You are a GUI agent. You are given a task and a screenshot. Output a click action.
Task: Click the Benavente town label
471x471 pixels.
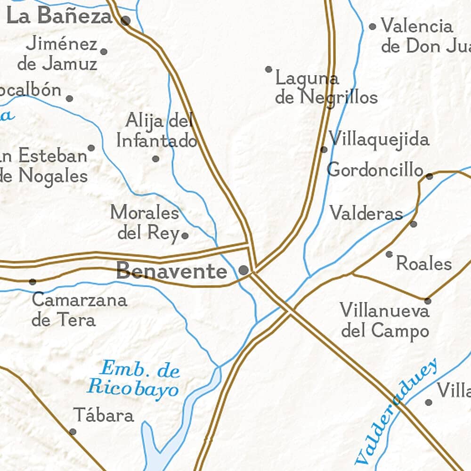171,271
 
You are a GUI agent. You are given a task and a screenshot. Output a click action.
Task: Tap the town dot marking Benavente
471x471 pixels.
244,270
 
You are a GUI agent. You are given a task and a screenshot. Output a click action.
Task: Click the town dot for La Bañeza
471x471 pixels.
125,20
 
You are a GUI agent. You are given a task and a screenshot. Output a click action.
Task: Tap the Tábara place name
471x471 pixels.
104,415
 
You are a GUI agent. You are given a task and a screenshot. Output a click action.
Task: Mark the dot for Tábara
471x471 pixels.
73,431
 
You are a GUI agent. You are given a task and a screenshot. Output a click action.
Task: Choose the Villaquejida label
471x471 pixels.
379,139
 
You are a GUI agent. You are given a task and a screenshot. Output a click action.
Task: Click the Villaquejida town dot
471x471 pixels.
324,149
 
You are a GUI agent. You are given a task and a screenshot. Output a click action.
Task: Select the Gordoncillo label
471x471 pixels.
375,170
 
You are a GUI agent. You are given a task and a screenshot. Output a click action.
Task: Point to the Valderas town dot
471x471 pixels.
414,224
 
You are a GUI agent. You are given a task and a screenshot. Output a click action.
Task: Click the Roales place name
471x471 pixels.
424,264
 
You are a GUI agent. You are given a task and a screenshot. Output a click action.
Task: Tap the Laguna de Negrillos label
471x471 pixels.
326,88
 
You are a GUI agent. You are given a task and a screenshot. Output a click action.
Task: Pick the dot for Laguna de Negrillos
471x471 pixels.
268,69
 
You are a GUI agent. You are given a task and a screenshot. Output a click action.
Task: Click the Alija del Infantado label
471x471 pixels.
157,131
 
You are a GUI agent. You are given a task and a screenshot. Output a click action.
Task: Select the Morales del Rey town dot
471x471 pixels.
185,235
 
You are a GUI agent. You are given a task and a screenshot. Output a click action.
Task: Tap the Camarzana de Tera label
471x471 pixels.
79,310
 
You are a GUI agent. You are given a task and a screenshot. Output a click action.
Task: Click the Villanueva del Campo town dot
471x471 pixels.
428,300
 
